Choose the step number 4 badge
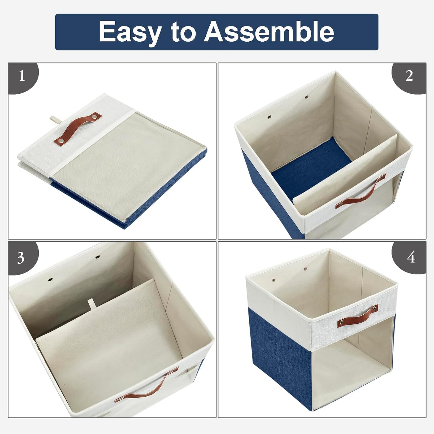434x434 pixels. tap(411, 257)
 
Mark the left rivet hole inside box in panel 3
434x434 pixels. tap(50, 279)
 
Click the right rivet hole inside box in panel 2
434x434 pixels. tap(307, 97)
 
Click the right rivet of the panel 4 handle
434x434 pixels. tap(374, 308)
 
